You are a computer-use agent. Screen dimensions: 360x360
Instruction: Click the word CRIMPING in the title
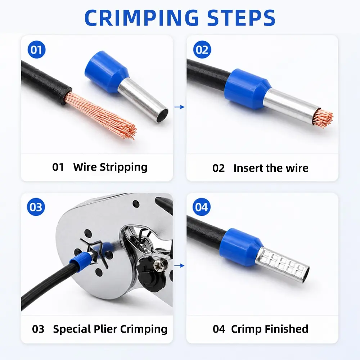click(141, 18)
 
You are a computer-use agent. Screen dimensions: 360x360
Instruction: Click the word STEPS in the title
click(241, 18)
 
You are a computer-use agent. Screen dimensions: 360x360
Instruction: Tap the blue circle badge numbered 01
click(36, 50)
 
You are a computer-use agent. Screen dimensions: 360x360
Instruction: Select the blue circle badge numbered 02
click(202, 50)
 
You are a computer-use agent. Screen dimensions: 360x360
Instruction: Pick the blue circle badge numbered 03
click(36, 207)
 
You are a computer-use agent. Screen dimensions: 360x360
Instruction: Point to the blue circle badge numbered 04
click(201, 207)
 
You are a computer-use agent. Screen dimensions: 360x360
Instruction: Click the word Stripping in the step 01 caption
click(123, 167)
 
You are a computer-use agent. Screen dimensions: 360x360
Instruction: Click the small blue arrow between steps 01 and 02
click(179, 107)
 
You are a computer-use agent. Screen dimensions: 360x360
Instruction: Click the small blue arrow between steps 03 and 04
click(179, 266)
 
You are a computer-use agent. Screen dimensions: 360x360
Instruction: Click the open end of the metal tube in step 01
click(162, 116)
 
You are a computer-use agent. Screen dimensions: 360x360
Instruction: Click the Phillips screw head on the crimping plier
click(160, 263)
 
